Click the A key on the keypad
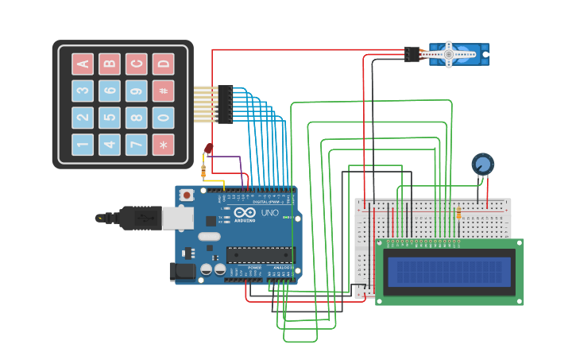tap(83, 64)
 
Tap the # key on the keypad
tap(163, 91)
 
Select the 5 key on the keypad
tap(110, 118)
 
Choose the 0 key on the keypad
tap(163, 118)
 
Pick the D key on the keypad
tap(163, 64)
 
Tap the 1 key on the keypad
tap(83, 145)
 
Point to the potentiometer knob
tap(482, 165)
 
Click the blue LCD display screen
tap(448, 271)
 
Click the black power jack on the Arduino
tap(183, 271)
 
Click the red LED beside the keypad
tap(208, 149)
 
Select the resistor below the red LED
tap(204, 170)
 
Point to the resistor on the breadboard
tap(459, 212)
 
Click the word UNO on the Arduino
tap(270, 213)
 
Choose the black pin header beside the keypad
tap(226, 104)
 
